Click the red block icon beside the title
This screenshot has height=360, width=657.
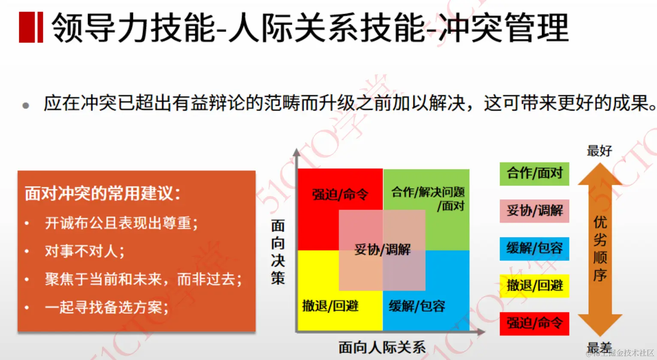pyautogui.click(x=31, y=27)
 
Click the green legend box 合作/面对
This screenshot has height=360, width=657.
pyautogui.click(x=534, y=174)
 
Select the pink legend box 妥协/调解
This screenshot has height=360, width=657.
pyautogui.click(x=534, y=211)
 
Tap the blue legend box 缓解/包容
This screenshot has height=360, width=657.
pyautogui.click(x=534, y=249)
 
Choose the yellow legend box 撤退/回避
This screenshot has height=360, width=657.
pyautogui.click(x=534, y=286)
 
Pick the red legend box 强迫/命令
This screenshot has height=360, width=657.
pyautogui.click(x=534, y=323)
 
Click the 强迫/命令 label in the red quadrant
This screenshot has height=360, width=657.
pyautogui.click(x=340, y=195)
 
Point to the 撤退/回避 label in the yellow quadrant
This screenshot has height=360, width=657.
pyautogui.click(x=330, y=306)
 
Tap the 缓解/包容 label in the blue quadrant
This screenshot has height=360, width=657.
pyautogui.click(x=417, y=306)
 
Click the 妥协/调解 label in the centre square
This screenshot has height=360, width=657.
pyautogui.click(x=383, y=249)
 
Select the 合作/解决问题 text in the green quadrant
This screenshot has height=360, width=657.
pyautogui.click(x=428, y=192)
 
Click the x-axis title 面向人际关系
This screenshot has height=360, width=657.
pyautogui.click(x=382, y=347)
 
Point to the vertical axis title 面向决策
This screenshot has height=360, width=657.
pyautogui.click(x=278, y=252)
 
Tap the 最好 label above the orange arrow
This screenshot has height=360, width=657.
pyautogui.click(x=599, y=151)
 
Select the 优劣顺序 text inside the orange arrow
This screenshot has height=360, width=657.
pyautogui.click(x=600, y=249)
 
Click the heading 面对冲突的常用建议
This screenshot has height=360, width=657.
pyautogui.click(x=102, y=193)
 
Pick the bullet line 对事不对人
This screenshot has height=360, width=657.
pyautogui.click(x=84, y=251)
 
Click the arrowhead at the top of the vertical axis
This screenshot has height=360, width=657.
pyautogui.click(x=296, y=152)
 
